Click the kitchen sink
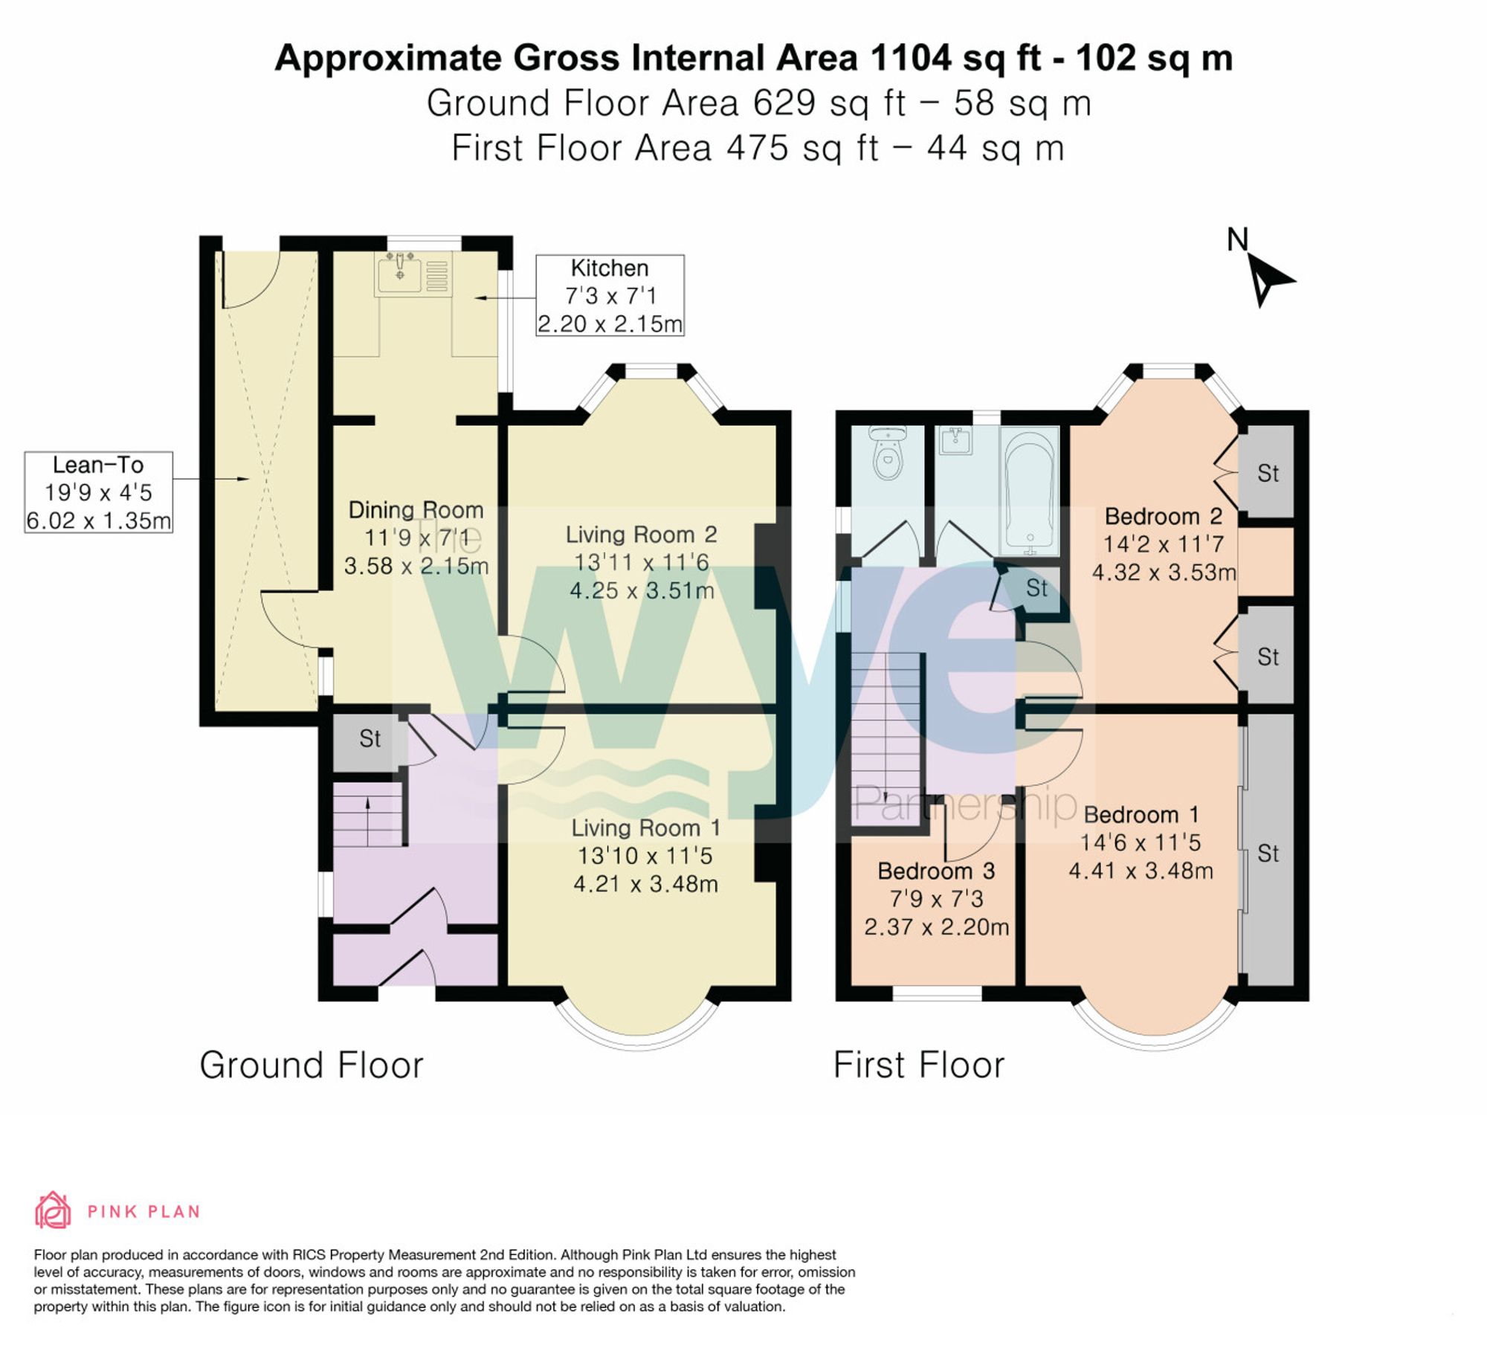(401, 272)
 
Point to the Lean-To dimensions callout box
(98, 492)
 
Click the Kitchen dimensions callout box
(610, 296)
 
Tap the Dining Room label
(416, 510)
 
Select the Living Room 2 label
(641, 535)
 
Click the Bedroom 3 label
(935, 871)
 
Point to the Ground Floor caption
(312, 1065)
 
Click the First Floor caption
(919, 1065)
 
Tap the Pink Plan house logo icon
(53, 1211)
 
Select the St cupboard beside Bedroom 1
(1268, 854)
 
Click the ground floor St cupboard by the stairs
(370, 739)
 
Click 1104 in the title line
(909, 57)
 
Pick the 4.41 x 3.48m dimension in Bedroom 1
(1141, 871)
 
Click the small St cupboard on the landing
(1036, 589)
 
